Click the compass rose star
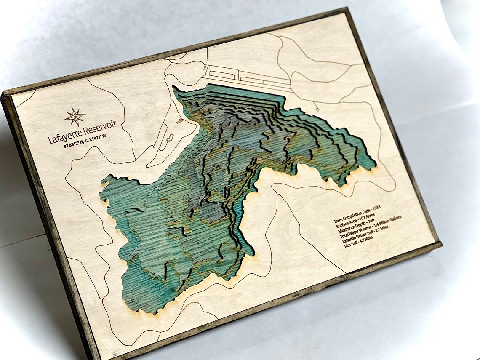[75, 117]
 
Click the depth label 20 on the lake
[152, 274]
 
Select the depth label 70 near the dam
[229, 119]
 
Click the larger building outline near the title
[170, 138]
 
